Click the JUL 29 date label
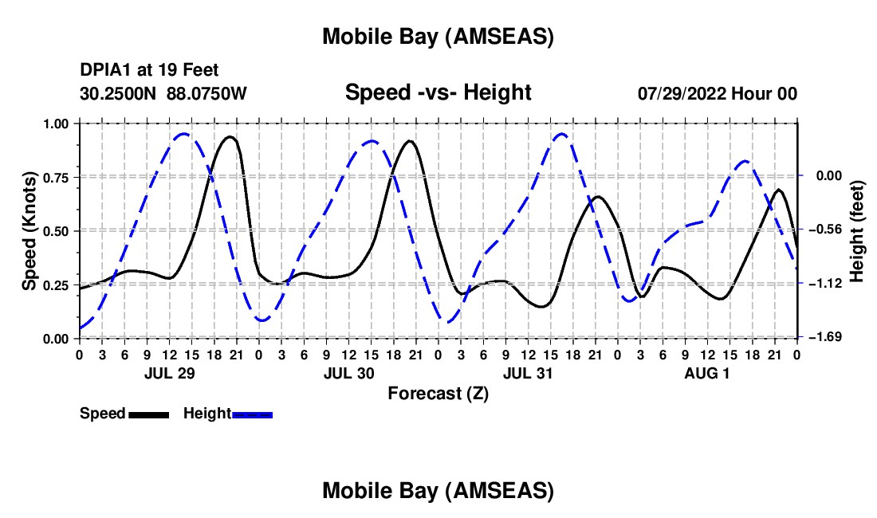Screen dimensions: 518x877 coord(168,372)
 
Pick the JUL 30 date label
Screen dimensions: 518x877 coord(348,372)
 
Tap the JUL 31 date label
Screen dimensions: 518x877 coord(528,372)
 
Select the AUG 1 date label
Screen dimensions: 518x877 coord(707,372)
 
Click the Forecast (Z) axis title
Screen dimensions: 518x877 coord(438,393)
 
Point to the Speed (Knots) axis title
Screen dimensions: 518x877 coord(29,230)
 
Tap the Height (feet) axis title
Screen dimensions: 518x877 coord(857,230)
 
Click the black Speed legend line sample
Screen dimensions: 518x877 coord(147,414)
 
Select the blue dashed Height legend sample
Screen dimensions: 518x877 coord(252,414)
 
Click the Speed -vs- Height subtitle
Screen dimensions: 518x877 coord(438,92)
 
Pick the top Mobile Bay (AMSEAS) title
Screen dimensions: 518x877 coord(438,37)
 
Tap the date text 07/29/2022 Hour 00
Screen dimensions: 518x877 coord(717,93)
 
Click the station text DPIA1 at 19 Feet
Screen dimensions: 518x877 coord(149,70)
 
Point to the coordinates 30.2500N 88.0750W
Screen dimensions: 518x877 coord(163,93)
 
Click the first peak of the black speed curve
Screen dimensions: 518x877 coord(230,137)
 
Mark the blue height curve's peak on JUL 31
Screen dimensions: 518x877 coord(561,134)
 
